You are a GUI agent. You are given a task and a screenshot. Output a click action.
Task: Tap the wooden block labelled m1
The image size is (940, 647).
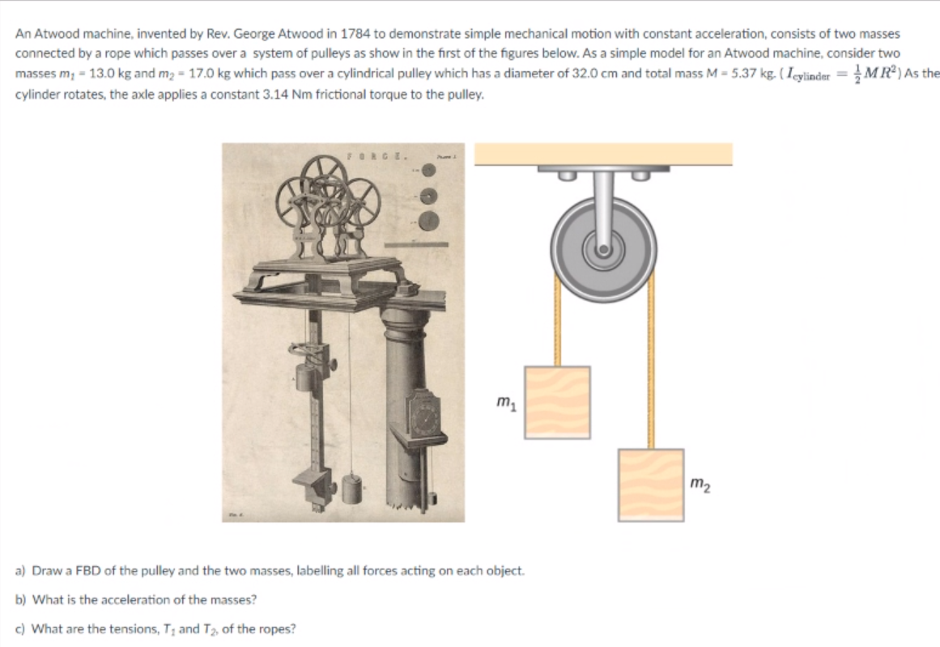coord(557,398)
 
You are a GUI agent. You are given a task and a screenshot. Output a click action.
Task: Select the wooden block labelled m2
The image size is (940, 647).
coord(651,483)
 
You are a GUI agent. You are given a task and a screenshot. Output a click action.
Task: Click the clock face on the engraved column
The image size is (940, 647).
coord(424,418)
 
